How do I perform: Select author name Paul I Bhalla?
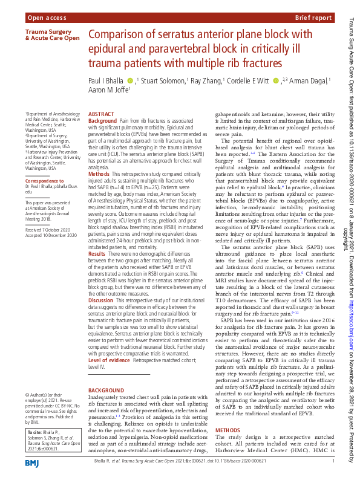pos(106,80)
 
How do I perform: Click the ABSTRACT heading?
pos(100,114)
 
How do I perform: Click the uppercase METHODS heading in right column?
pos(228,413)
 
